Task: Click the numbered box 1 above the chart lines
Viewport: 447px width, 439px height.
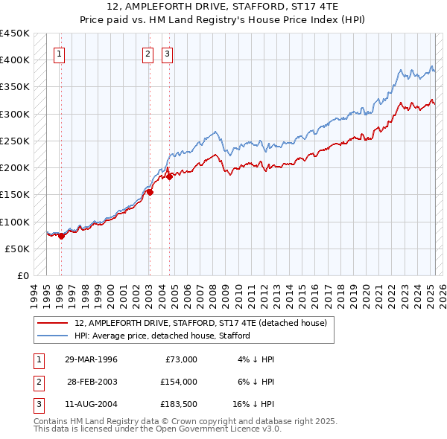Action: tap(59, 53)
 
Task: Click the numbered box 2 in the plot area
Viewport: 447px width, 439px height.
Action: tap(148, 53)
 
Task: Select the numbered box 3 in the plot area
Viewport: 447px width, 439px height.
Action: tap(167, 53)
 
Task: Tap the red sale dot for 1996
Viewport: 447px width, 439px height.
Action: tap(61, 236)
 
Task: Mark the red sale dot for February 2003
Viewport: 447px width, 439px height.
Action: tap(150, 192)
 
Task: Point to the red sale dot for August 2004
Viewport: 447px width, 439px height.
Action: tap(169, 176)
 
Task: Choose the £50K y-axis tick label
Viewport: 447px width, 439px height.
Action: tap(17, 249)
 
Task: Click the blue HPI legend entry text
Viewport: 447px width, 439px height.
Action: tap(162, 336)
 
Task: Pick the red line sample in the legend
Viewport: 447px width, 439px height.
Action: tap(53, 324)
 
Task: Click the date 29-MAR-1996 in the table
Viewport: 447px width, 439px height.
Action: tap(91, 359)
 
